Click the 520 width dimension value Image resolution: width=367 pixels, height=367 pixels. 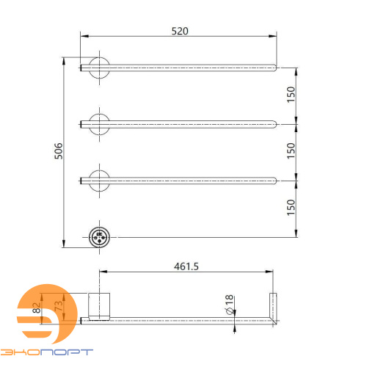[180, 31]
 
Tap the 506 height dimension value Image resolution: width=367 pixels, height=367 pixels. [59, 151]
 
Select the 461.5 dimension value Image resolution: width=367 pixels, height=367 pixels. [186, 266]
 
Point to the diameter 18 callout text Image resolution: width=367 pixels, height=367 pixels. [229, 305]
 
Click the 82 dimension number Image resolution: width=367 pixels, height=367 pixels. [37, 308]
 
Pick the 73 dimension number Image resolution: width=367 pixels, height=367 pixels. [59, 306]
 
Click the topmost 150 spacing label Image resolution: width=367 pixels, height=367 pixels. [291, 95]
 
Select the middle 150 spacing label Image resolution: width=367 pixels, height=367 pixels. [291, 150]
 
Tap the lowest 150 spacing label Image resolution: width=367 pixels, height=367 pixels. [291, 208]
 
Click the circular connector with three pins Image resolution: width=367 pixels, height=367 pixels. [99, 237]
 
